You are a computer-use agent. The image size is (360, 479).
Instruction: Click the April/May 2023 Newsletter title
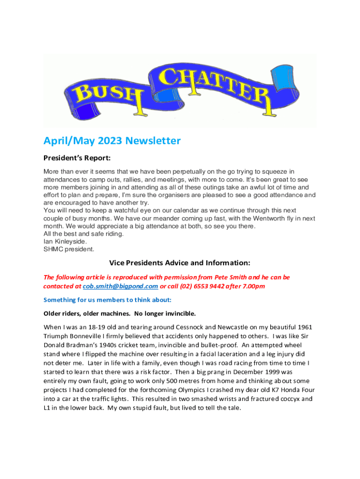(112, 140)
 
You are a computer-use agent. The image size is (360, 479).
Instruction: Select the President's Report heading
(77, 158)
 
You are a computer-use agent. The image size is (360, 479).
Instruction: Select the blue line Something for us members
(108, 299)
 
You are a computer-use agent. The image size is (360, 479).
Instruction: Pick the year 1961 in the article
(302, 326)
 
